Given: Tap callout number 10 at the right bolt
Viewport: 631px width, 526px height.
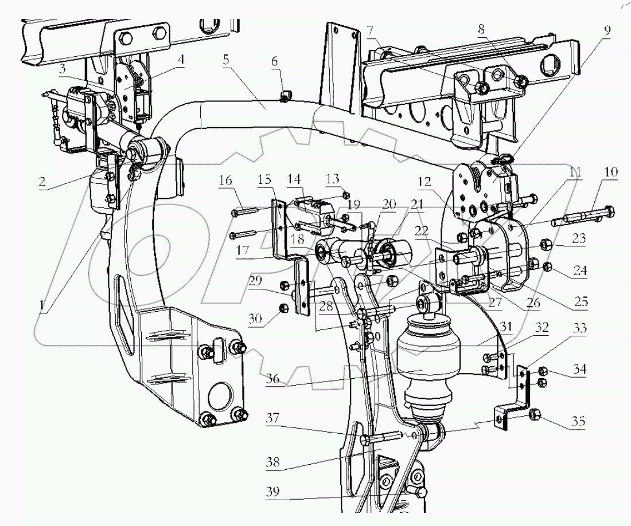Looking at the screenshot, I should coord(611,172).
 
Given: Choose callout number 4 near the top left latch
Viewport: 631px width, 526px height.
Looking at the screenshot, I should coord(181,58).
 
